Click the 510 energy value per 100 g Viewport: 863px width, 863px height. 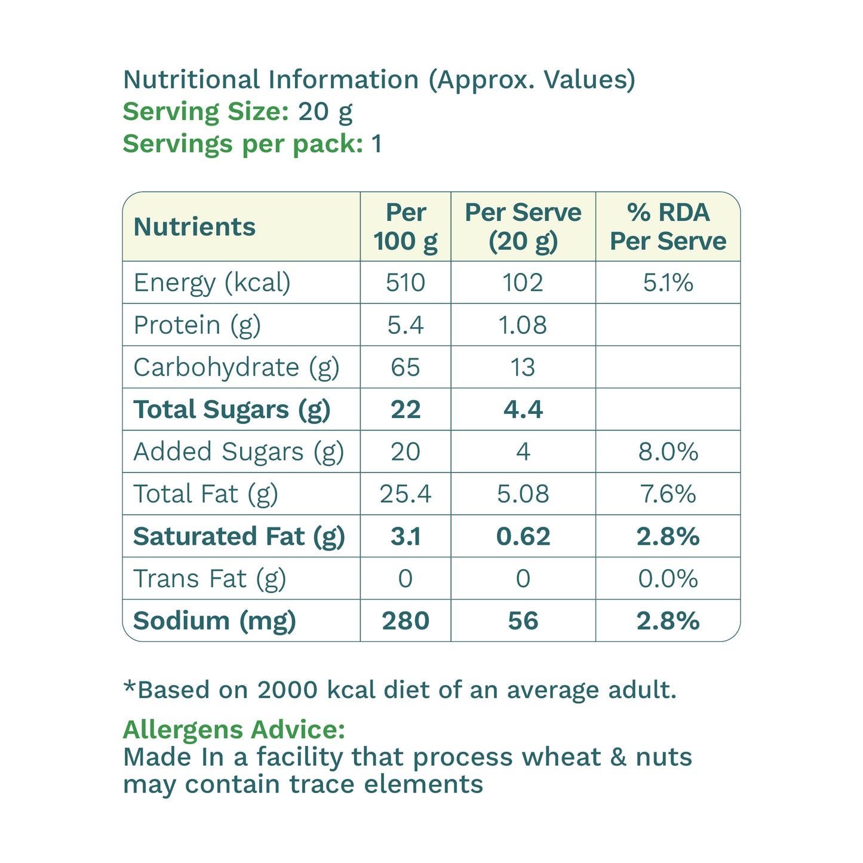pyautogui.click(x=406, y=282)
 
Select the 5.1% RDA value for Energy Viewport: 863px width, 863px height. pyautogui.click(x=668, y=282)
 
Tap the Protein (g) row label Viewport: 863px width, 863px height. pyautogui.click(x=197, y=325)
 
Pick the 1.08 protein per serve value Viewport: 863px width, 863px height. pyautogui.click(x=523, y=325)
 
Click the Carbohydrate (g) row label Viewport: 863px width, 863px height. pyautogui.click(x=237, y=368)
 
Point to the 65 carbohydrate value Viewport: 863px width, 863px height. pyautogui.click(x=406, y=367)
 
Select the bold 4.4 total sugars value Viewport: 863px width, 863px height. pyautogui.click(x=523, y=409)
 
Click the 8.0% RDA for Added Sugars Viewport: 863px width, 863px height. pyautogui.click(x=668, y=452)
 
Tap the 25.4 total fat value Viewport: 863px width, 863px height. pyautogui.click(x=406, y=494)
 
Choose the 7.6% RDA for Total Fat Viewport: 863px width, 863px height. pyautogui.click(x=668, y=494)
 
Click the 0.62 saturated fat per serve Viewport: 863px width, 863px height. pyautogui.click(x=523, y=536)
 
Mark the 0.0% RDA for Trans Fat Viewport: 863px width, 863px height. pyautogui.click(x=668, y=578)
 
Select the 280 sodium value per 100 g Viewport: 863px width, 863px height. pyautogui.click(x=406, y=621)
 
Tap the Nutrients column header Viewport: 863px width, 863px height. pyautogui.click(x=194, y=226)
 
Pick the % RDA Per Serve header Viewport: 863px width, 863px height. pyautogui.click(x=668, y=226)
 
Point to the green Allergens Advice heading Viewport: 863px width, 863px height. pyautogui.click(x=234, y=730)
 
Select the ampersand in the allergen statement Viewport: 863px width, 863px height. pyautogui.click(x=618, y=757)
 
